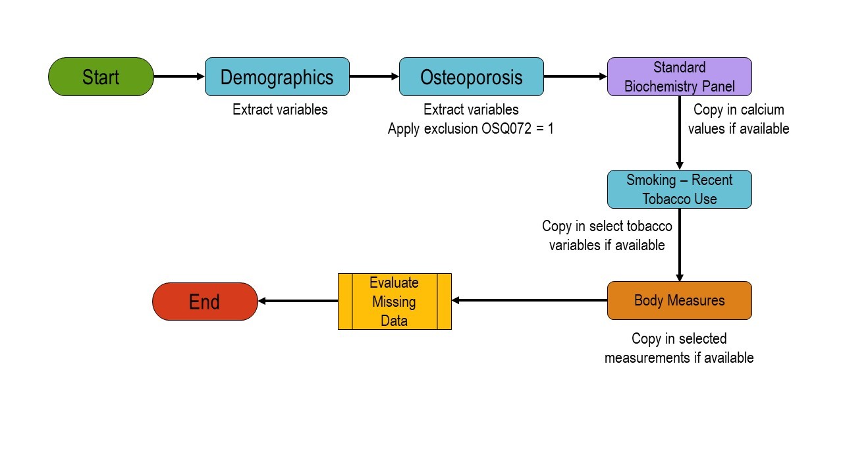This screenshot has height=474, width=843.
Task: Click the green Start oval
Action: (101, 77)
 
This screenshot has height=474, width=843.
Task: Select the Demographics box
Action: (277, 77)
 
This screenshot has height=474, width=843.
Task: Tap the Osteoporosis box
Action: (471, 77)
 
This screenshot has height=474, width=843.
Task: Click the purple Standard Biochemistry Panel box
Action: (679, 77)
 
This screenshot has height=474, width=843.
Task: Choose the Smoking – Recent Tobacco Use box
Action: (679, 190)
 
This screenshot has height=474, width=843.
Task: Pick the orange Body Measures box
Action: (679, 301)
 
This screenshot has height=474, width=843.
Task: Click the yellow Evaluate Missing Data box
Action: (394, 302)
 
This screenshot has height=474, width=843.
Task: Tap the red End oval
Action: (205, 302)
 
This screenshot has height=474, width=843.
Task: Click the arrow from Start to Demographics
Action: (179, 77)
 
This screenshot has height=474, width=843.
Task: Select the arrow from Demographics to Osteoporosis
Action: (374, 77)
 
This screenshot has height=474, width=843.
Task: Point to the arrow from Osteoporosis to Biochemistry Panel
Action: (575, 77)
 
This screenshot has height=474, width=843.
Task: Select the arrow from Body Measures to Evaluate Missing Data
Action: (530, 301)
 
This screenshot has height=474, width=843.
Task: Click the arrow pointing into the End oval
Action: (298, 302)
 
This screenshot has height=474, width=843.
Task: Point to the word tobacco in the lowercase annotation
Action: (649, 226)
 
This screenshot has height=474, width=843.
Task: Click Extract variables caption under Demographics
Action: (280, 110)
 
